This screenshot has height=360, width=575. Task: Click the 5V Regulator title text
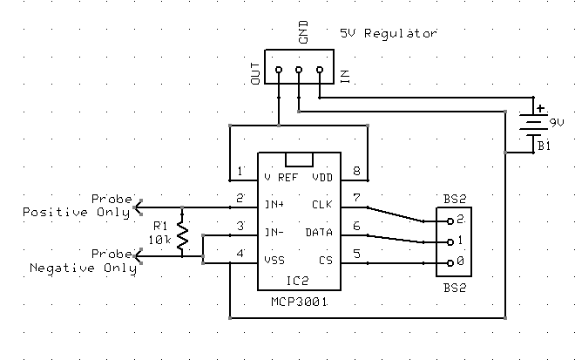[389, 33]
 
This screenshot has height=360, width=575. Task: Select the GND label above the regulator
[302, 35]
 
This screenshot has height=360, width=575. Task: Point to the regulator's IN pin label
[345, 77]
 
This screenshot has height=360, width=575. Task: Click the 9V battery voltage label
[555, 121]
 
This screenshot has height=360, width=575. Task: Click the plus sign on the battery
[540, 110]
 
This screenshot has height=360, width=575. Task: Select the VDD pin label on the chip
[322, 176]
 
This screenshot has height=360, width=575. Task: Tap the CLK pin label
[322, 206]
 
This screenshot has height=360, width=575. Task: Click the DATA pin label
[319, 234]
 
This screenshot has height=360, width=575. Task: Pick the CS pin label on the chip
[326, 261]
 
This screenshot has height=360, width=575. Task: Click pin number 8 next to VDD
[355, 170]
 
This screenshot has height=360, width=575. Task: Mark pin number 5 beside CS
[355, 254]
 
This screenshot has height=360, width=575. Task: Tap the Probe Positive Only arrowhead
[137, 207]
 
